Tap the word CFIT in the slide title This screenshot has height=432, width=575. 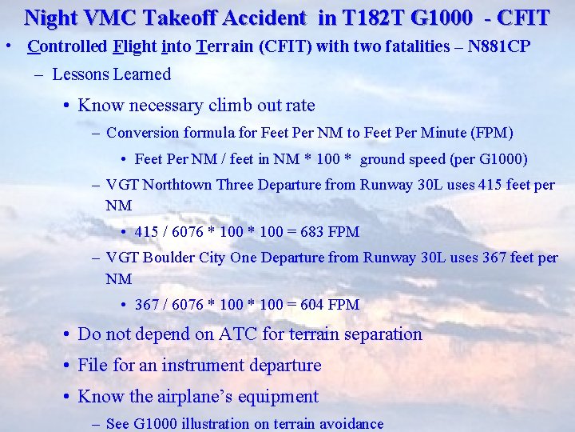click(x=523, y=17)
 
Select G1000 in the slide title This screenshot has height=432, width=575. click(x=438, y=17)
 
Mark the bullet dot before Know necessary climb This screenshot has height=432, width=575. click(x=67, y=106)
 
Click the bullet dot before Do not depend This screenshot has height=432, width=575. click(x=67, y=334)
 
